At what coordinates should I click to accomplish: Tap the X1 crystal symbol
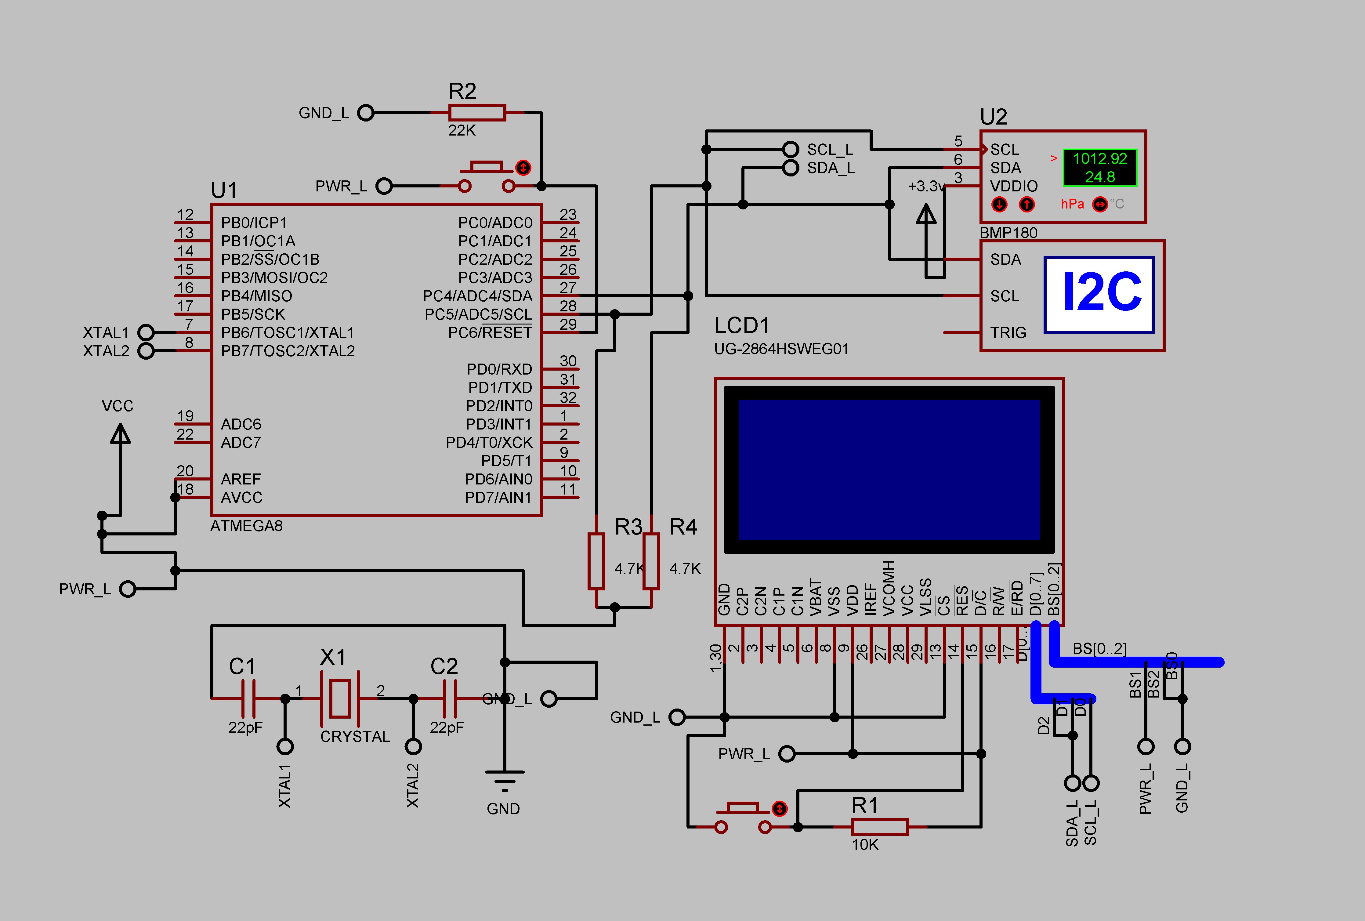[339, 698]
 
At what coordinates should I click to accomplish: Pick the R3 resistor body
[596, 561]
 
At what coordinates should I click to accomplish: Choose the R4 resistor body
[651, 561]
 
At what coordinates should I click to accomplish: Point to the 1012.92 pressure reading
[1099, 159]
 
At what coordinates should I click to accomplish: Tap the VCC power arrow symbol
[120, 435]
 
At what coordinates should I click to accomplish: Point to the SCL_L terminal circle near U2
[791, 149]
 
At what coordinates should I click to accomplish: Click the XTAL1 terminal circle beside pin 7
[146, 332]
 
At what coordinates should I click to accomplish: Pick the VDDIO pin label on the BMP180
[1014, 186]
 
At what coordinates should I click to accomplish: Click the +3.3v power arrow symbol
[926, 214]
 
